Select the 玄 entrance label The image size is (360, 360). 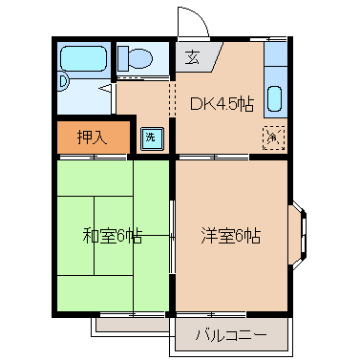pyautogui.click(x=192, y=56)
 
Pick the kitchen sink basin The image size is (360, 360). pyautogui.click(x=274, y=97)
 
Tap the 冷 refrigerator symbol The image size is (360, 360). pyautogui.click(x=272, y=138)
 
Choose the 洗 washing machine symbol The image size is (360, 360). pyautogui.click(x=151, y=137)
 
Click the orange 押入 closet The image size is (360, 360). pyautogui.click(x=91, y=138)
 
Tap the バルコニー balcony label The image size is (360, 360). pyautogui.click(x=229, y=334)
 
